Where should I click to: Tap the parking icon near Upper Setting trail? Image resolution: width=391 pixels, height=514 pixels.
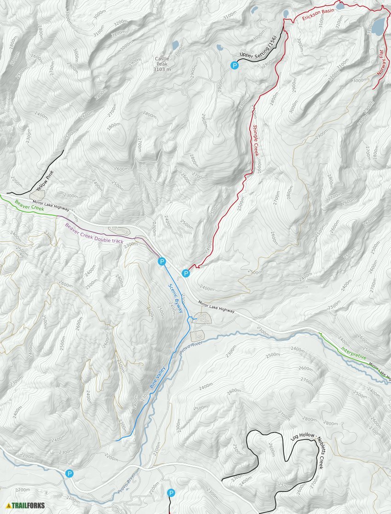tap(235, 66)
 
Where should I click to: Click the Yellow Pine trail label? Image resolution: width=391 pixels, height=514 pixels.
tap(45, 181)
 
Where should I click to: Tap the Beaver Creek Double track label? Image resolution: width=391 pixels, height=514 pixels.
tap(94, 233)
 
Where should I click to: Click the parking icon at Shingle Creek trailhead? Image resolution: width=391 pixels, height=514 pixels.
tap(186, 273)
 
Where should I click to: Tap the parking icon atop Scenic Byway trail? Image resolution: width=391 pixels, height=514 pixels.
tap(161, 261)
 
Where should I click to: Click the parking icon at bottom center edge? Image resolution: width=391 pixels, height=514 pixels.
tap(171, 493)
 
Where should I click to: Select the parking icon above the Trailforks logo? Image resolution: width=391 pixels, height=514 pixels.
tap(69, 474)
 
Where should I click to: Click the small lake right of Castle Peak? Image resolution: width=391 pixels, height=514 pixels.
tap(175, 45)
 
